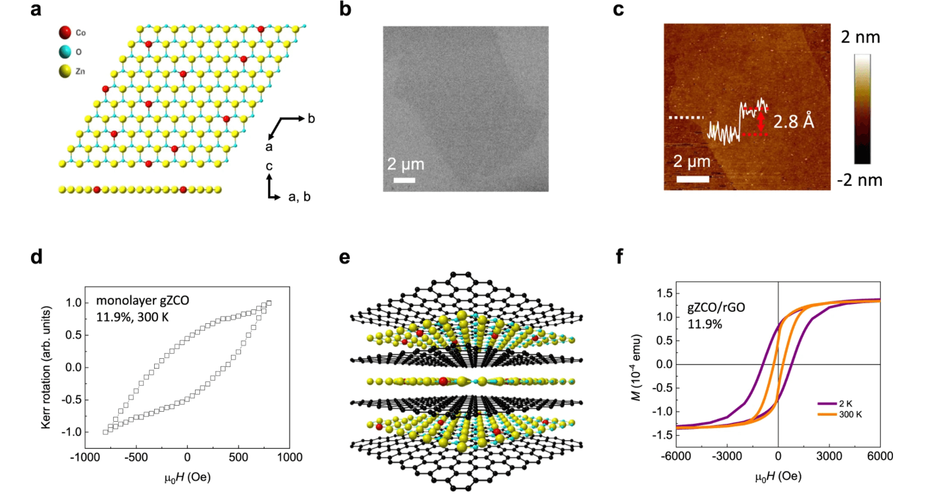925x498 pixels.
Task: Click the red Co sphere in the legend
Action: (65, 32)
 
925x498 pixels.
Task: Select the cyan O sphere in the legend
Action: (65, 51)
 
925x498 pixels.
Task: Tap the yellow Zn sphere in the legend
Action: (65, 71)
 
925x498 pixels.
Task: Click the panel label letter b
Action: (345, 9)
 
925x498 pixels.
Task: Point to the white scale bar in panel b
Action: (404, 180)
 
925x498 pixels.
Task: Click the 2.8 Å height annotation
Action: (793, 121)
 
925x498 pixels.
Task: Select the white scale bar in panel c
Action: (692, 179)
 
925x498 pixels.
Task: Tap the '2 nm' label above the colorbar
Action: (860, 37)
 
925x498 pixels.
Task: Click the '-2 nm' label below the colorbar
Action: (859, 180)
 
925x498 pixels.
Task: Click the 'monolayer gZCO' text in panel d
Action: (143, 300)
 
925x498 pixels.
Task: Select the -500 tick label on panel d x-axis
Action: (136, 457)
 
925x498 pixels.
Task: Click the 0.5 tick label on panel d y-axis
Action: (73, 335)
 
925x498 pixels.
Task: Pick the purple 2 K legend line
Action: (827, 404)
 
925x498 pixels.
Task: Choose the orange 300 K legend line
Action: (827, 415)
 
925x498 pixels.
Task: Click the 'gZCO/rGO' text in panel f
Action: (716, 307)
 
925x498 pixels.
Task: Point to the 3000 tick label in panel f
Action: (829, 456)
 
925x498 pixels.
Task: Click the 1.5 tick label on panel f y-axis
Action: (665, 293)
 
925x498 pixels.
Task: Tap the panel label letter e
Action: (345, 258)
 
